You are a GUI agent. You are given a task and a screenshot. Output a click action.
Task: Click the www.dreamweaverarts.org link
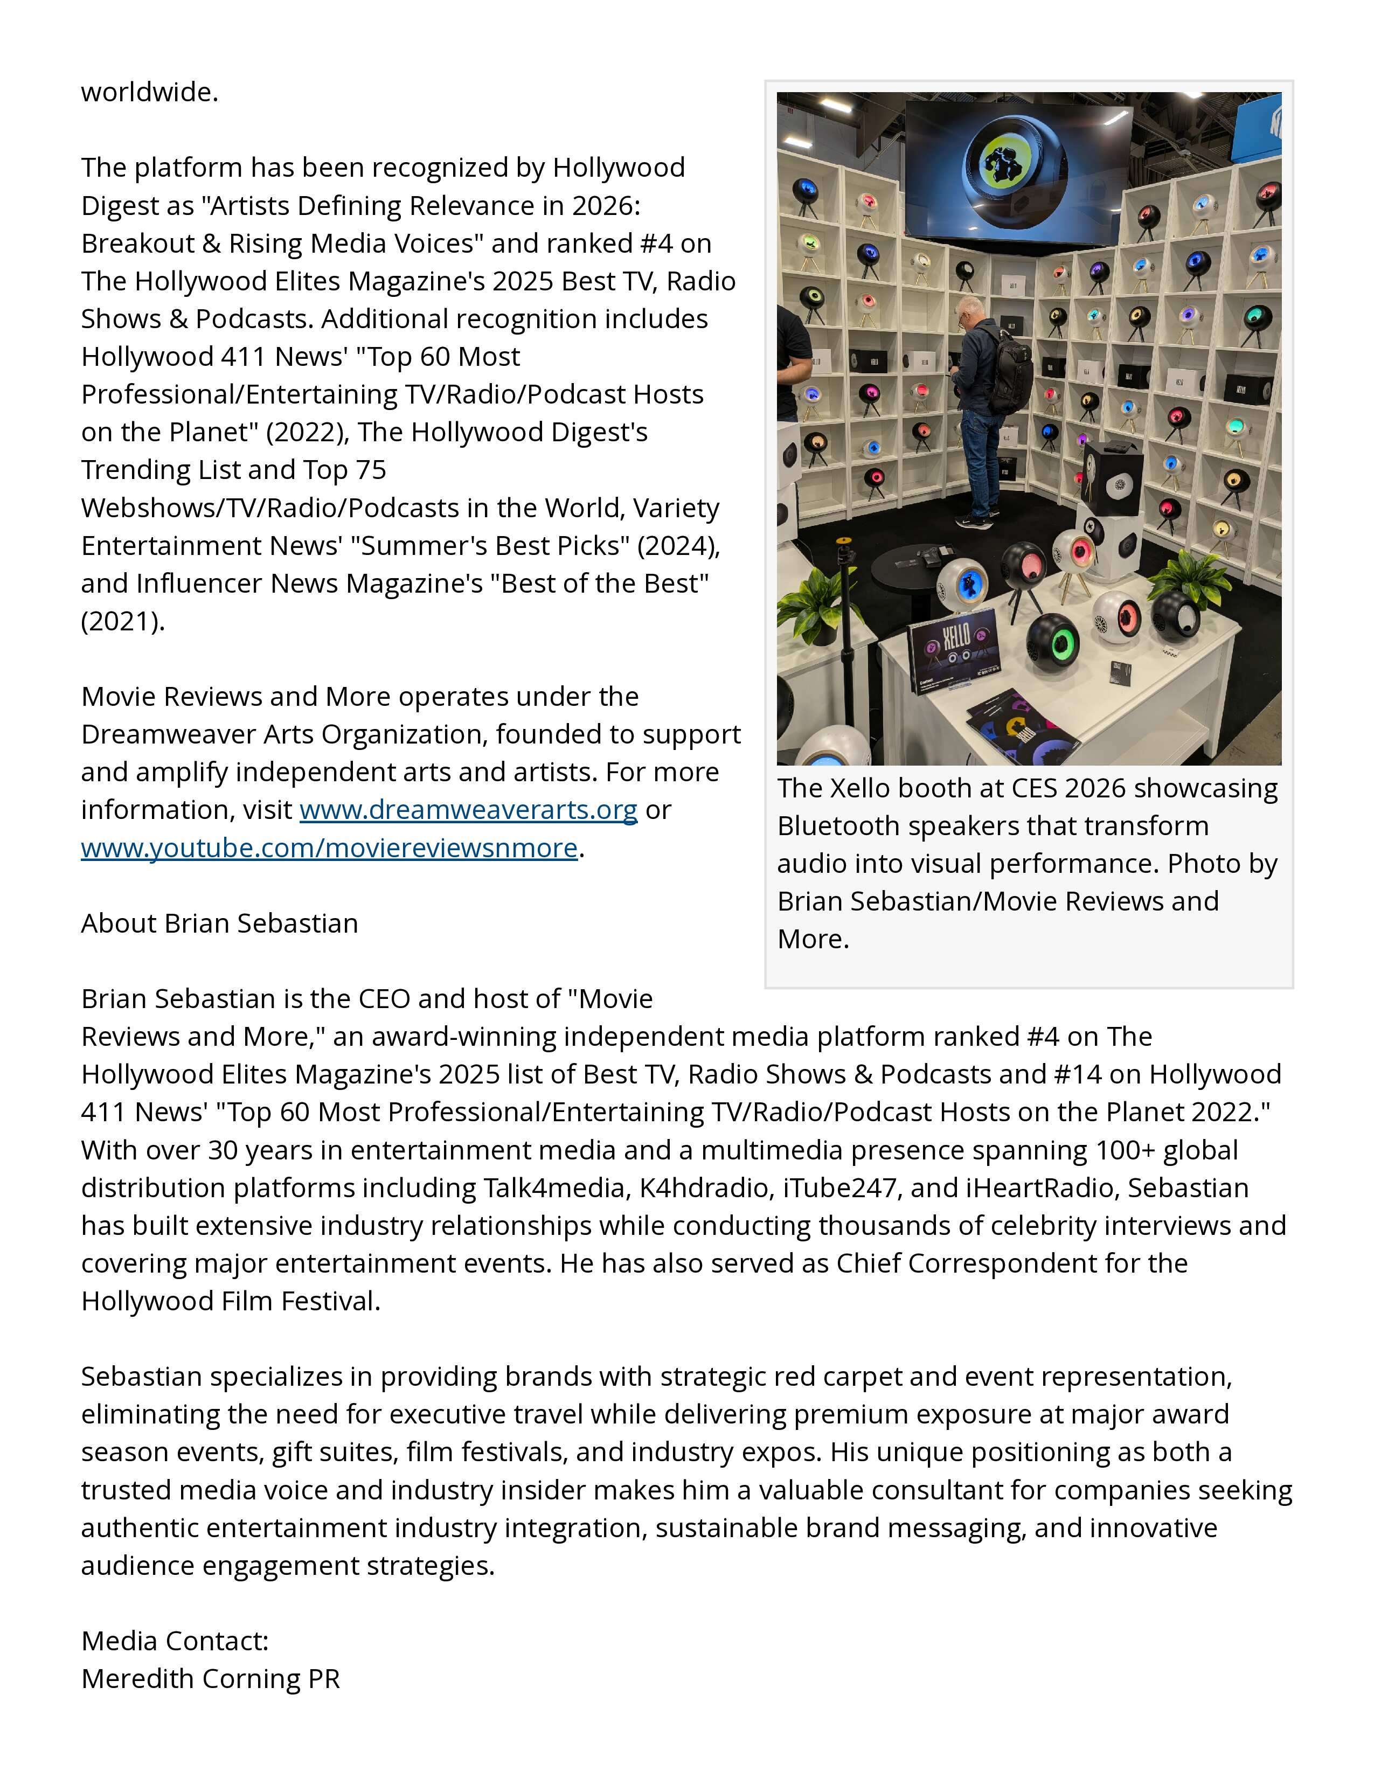468,810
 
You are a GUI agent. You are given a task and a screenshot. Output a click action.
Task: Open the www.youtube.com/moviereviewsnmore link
329,848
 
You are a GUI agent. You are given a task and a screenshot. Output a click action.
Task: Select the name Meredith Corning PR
210,1679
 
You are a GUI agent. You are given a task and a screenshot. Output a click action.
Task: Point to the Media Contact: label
174,1641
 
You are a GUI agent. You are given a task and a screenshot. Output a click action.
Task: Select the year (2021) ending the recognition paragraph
122,621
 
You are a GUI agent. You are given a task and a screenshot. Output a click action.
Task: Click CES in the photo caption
1034,788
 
